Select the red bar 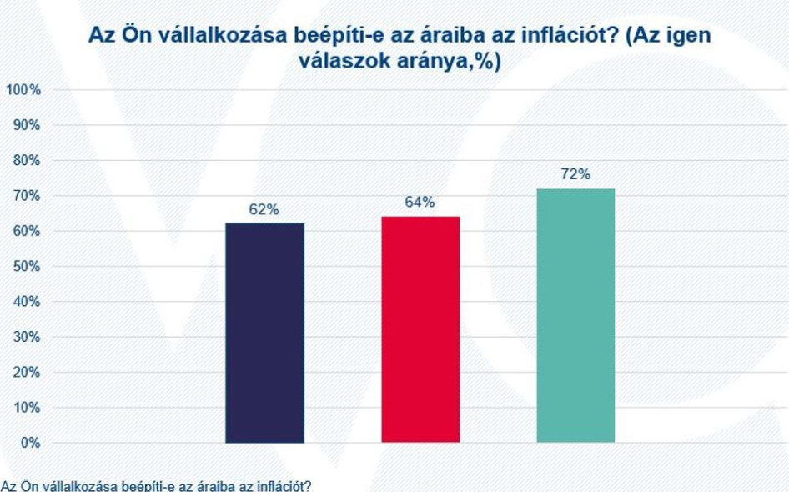(x=420, y=329)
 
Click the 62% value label (x=264, y=210)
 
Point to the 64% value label (x=420, y=203)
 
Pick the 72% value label (x=575, y=174)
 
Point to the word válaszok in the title (x=337, y=62)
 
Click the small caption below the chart (x=156, y=485)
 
